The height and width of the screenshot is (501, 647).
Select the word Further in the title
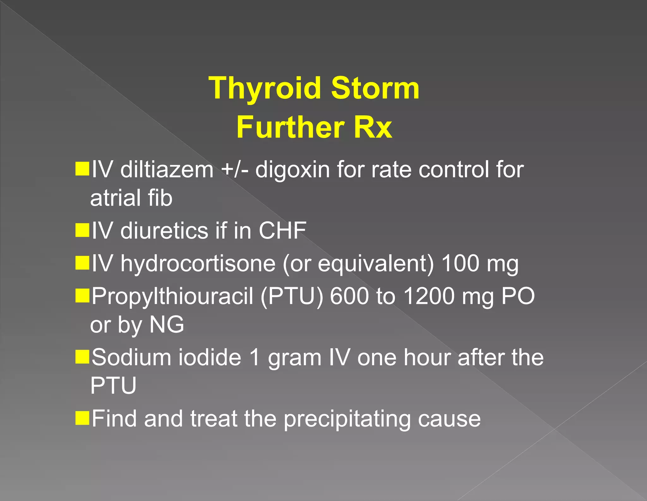(x=290, y=127)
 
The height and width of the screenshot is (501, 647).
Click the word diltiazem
(x=167, y=170)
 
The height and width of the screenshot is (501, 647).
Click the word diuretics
(x=164, y=230)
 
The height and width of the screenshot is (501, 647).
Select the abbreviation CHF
(x=282, y=230)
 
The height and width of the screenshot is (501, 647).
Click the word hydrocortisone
(x=198, y=264)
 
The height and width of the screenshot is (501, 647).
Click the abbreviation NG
(x=166, y=324)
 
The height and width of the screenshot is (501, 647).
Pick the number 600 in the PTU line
(x=349, y=296)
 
